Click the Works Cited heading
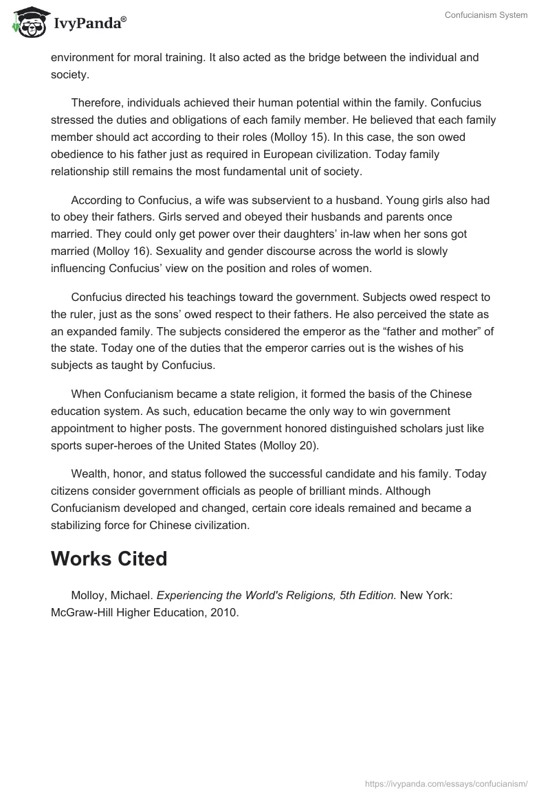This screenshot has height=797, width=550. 109,559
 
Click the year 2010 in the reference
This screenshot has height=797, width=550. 224,611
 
